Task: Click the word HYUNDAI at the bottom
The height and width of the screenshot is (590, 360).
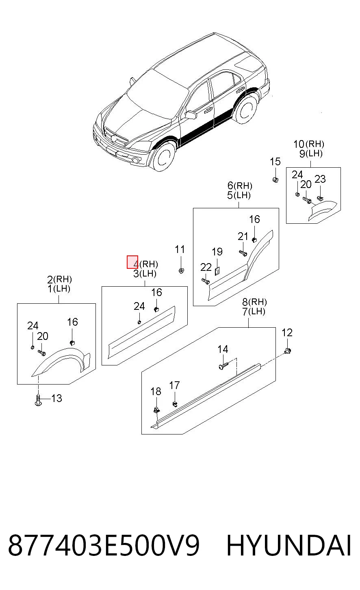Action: (288, 545)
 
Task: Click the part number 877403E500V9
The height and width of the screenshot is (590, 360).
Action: (104, 545)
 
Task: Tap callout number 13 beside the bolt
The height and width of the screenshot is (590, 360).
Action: (56, 398)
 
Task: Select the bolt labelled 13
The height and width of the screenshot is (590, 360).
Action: (38, 400)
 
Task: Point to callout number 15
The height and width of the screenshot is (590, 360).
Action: (275, 162)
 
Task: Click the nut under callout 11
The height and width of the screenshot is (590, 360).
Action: (181, 270)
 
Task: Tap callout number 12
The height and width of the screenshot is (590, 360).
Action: (287, 333)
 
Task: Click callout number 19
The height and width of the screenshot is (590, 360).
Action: (217, 252)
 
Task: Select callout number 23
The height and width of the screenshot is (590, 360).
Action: (320, 179)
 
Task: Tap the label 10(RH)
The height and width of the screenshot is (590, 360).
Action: (309, 144)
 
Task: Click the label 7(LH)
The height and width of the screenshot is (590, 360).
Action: (254, 311)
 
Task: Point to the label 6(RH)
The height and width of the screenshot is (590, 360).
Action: (240, 186)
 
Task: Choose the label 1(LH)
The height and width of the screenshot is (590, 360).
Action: (59, 289)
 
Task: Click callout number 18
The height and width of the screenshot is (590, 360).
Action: (156, 391)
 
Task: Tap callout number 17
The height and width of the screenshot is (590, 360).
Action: (174, 385)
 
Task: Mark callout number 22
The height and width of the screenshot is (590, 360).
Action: (206, 267)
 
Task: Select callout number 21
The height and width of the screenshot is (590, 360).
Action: (243, 236)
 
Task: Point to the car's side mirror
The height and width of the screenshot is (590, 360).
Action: (191, 115)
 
